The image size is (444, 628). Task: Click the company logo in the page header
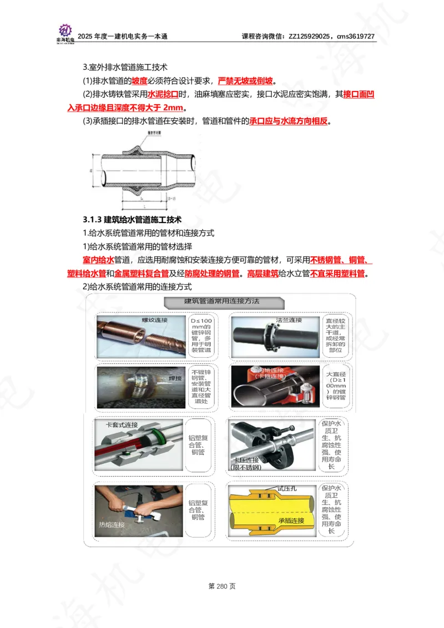pos(66,32)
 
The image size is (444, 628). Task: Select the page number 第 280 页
pos(222,586)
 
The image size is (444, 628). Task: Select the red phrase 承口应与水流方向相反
pos(289,121)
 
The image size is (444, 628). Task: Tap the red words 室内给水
pos(98,260)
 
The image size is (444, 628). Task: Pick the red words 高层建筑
pos(263,274)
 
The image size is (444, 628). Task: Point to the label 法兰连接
pos(289,320)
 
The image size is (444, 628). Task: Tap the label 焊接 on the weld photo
pos(175,378)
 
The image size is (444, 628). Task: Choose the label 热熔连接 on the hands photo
pos(112,524)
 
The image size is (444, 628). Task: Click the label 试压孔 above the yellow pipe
pos(287,488)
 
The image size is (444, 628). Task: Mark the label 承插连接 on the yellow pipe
pos(291,520)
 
